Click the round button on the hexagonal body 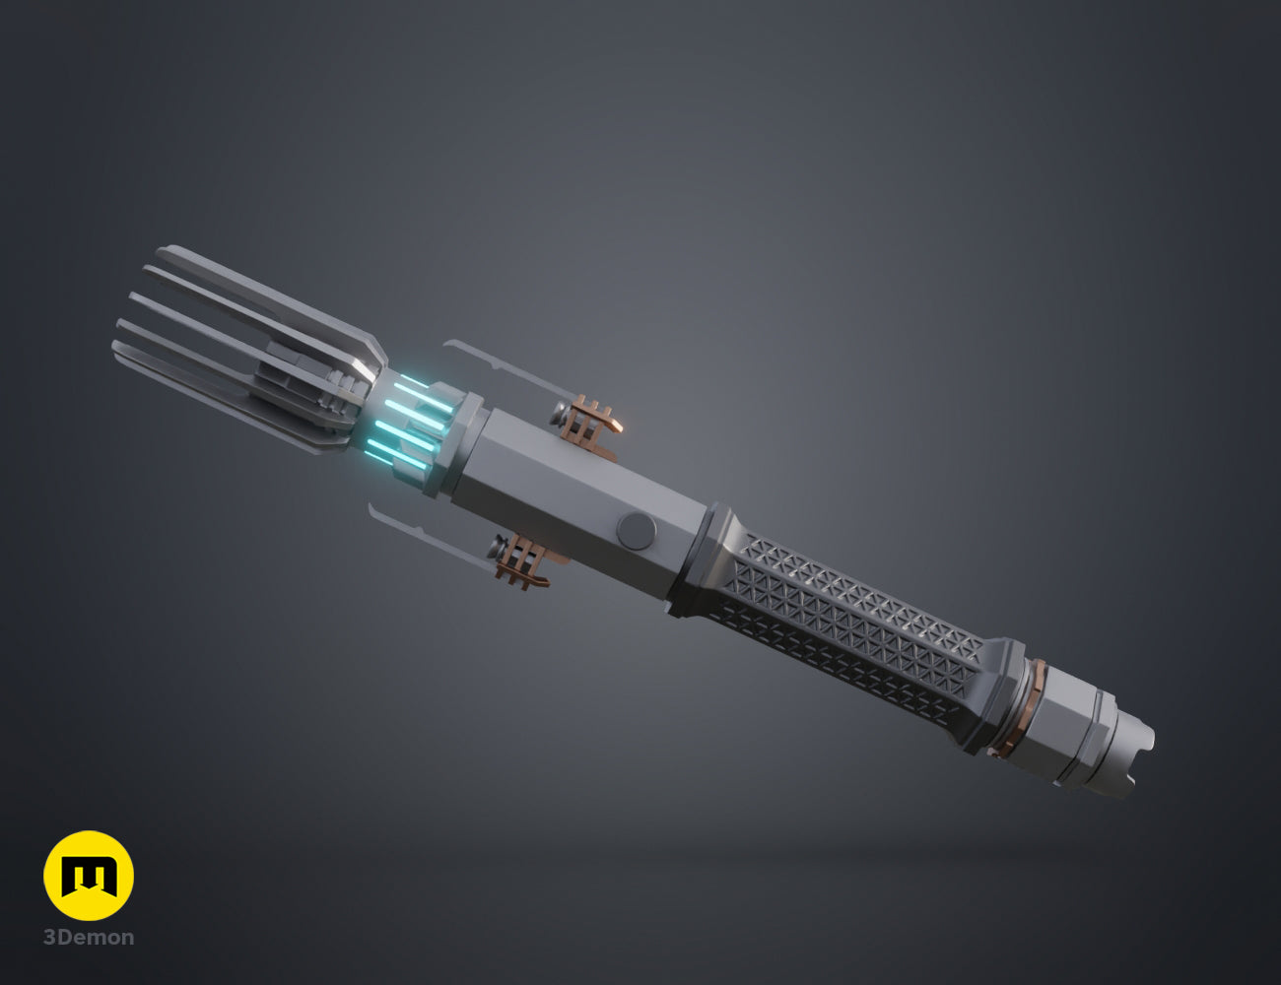(x=637, y=530)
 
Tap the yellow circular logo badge (x=89, y=876)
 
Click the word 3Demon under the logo (x=89, y=938)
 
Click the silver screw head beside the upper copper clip (x=559, y=414)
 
